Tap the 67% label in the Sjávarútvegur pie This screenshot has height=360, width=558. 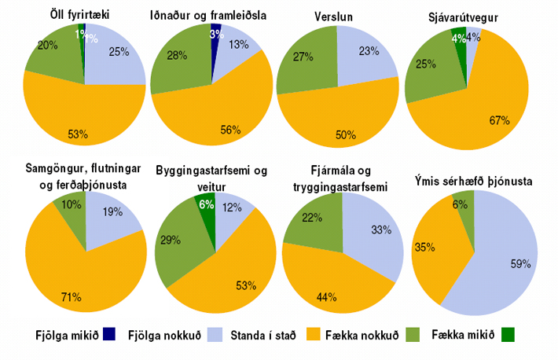(499, 120)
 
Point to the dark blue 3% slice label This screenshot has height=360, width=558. (215, 35)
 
